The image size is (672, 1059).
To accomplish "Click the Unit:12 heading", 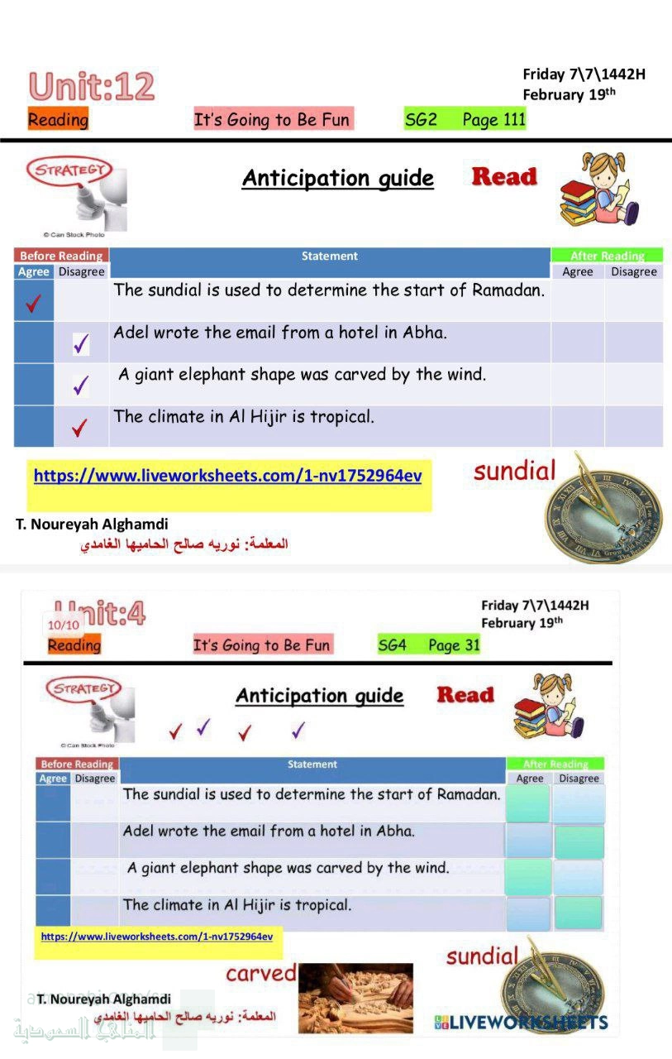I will (x=91, y=87).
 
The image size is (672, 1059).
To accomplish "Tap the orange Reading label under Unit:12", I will (x=58, y=120).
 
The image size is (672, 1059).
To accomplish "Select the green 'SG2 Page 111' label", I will (x=465, y=120).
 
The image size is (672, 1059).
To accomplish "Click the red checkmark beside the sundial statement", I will (x=33, y=304).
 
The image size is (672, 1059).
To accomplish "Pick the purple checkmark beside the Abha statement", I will (x=81, y=343).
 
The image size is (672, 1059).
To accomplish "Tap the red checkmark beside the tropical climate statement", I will (x=79, y=428).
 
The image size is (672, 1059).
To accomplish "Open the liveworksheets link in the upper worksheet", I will (x=227, y=476).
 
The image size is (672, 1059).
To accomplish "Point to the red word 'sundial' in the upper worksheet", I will (x=514, y=472).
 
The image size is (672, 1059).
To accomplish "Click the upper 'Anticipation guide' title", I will (x=337, y=178).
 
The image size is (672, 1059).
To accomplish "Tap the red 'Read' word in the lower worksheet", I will (x=465, y=695).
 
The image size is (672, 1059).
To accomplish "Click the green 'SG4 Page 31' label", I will (x=428, y=645).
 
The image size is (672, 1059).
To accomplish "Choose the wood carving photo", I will (x=355, y=997).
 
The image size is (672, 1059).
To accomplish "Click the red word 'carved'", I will (x=260, y=973).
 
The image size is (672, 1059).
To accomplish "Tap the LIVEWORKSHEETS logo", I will (x=521, y=1023).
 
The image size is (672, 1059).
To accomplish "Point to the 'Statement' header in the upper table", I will (x=329, y=256).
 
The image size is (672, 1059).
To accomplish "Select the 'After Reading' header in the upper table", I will (x=606, y=256).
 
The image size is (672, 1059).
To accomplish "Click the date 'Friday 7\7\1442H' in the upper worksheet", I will (x=584, y=74).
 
